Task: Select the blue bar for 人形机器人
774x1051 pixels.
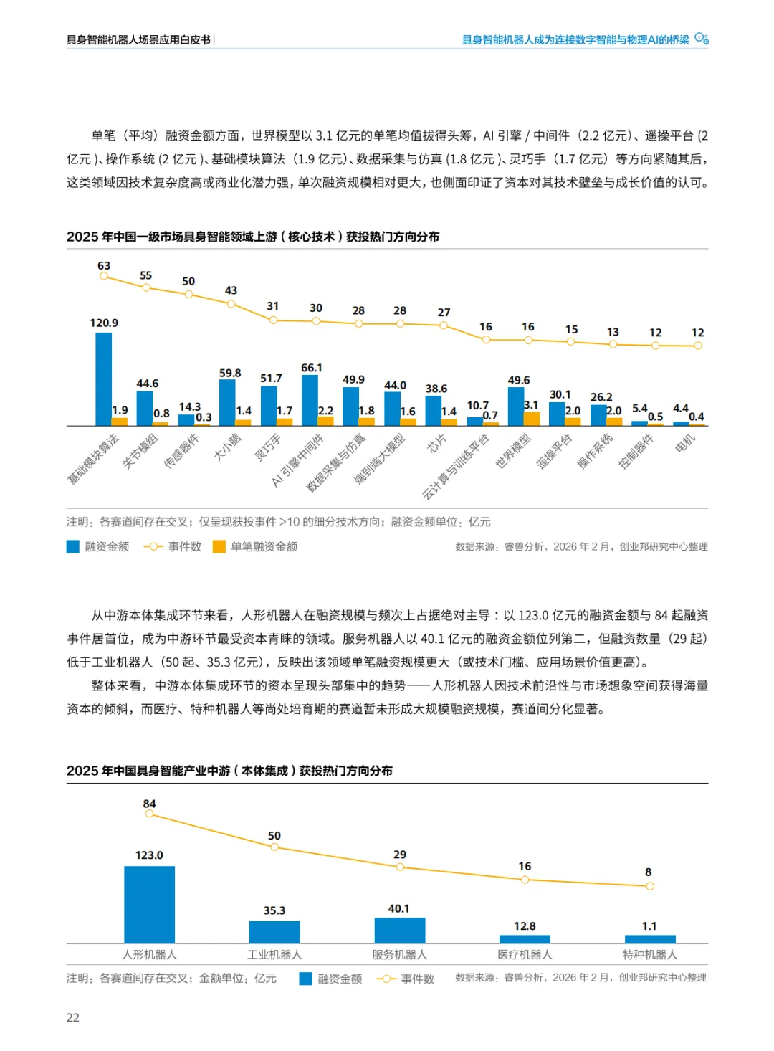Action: [x=149, y=904]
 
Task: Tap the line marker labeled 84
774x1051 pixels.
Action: [x=149, y=814]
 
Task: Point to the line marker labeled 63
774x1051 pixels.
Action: [x=104, y=276]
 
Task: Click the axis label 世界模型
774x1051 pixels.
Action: [x=513, y=451]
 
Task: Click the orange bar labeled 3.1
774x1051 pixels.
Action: [x=532, y=419]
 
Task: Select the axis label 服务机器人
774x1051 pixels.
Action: [x=399, y=955]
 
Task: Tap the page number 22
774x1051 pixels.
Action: [x=73, y=1017]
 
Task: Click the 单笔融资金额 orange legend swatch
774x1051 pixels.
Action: [x=219, y=547]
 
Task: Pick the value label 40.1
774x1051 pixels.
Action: [x=399, y=908]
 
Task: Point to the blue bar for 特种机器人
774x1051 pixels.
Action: [x=650, y=939]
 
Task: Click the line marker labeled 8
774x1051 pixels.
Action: [x=650, y=886]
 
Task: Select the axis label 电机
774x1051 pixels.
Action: [x=685, y=444]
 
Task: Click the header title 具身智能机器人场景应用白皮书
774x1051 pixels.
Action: [x=138, y=40]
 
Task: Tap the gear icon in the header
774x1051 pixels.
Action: [x=702, y=39]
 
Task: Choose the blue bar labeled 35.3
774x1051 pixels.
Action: [x=274, y=931]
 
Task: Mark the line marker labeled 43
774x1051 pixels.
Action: [x=231, y=304]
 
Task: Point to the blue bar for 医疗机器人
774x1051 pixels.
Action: [x=525, y=938]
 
